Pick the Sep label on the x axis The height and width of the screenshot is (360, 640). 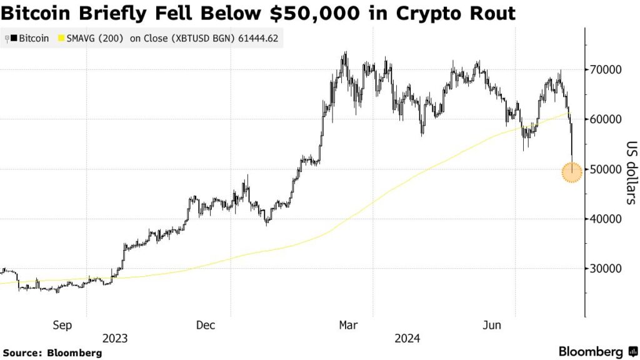tap(62, 325)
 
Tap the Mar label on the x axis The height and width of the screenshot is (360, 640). tap(347, 325)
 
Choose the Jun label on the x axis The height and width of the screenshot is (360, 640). tap(492, 325)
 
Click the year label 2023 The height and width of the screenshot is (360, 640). tap(115, 339)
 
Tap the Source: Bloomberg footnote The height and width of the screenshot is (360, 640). tap(52, 353)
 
